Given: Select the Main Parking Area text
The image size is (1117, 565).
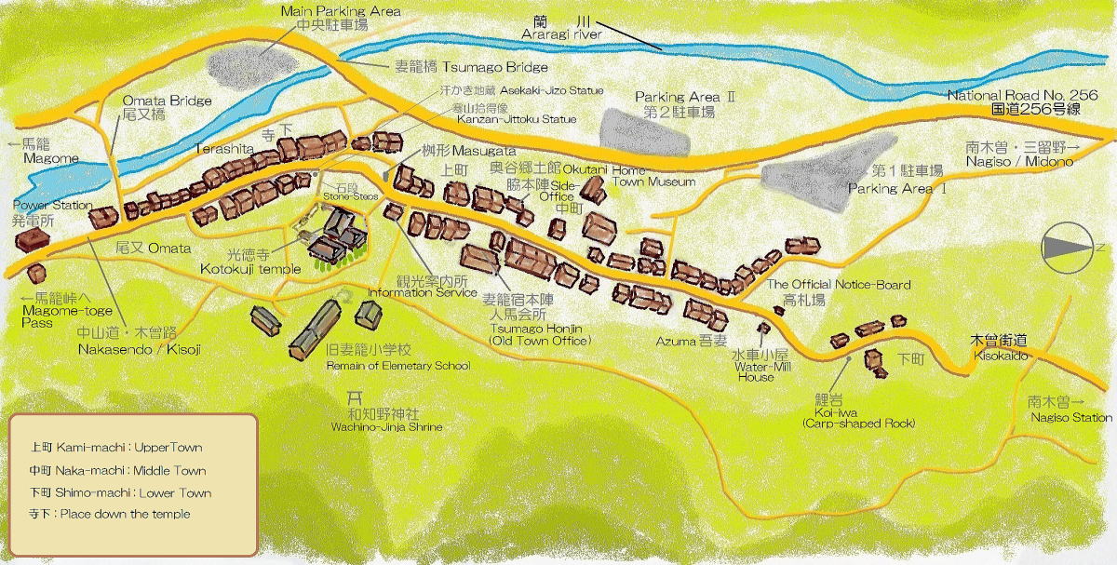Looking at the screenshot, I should (341, 11).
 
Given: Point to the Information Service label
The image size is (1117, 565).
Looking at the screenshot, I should (422, 292).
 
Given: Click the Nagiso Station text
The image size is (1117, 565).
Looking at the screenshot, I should (1070, 418).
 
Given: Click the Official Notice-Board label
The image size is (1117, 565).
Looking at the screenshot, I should (838, 285).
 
